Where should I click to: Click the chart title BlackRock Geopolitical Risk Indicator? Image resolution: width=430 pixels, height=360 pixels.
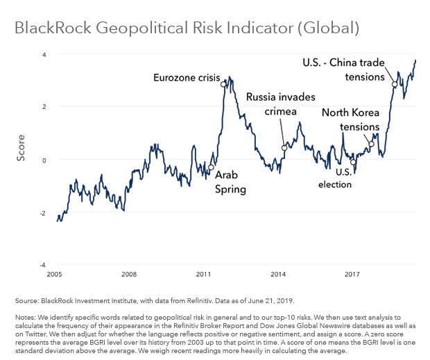coord(187,29)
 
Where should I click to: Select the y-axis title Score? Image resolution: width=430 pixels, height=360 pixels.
coord(21,148)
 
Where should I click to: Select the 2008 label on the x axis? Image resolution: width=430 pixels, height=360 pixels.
coord(128,274)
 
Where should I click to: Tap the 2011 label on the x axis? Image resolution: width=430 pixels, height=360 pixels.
coord(203,274)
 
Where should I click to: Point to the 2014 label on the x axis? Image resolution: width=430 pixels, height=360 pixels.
coord(277,274)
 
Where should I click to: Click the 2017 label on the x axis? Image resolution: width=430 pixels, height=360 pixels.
coord(351,274)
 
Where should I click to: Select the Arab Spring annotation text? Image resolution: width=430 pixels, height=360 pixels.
coord(230,182)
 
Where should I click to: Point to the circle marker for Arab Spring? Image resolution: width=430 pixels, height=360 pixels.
coord(211,167)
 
